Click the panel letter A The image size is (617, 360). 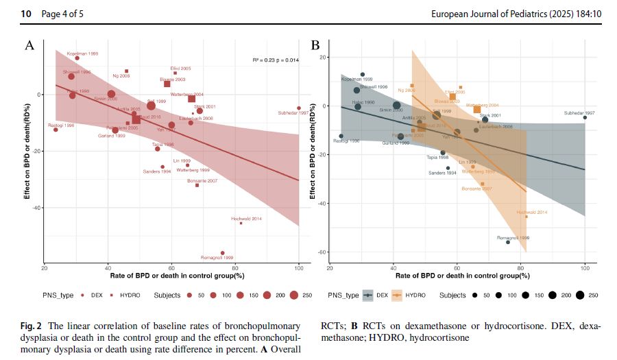tap(29, 46)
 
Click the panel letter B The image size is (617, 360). tap(316, 46)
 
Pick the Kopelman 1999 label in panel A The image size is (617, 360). tap(82, 53)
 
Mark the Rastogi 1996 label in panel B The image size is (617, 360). tap(346, 141)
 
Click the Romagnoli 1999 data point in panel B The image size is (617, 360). tap(508, 242)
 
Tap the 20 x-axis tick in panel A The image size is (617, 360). tap(45, 267)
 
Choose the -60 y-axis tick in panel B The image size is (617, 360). tap(320, 252)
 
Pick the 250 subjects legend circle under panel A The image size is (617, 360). tap(293, 296)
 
